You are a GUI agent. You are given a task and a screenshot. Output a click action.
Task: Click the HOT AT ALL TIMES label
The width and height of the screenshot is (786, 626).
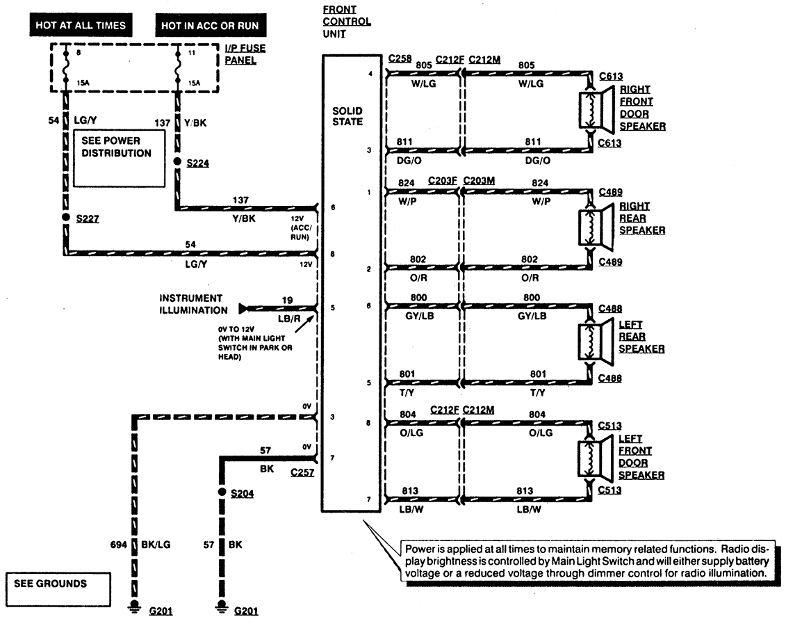point(81,26)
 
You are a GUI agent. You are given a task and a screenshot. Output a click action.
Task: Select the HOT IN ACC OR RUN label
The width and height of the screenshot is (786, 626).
point(209,26)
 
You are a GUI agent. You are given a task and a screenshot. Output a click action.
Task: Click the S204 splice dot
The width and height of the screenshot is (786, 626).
point(222,492)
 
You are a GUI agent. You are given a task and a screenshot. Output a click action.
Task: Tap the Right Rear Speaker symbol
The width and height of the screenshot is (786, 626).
point(597,227)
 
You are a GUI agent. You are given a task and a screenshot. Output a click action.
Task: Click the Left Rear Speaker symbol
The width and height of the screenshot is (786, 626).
point(597,344)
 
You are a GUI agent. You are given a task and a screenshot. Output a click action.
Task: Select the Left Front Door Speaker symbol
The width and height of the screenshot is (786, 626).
point(597,459)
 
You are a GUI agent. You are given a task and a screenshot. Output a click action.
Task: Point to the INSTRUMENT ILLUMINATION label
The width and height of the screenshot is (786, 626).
point(193,304)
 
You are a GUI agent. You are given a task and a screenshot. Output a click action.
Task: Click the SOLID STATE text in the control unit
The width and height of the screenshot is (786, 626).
point(347,116)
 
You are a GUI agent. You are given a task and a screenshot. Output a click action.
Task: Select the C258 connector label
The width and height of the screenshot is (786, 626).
point(400,59)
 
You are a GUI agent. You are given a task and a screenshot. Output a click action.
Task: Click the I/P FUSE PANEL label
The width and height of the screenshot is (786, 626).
point(245,55)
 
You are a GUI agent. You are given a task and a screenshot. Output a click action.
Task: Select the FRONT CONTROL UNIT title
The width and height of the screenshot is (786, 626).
point(347,22)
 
